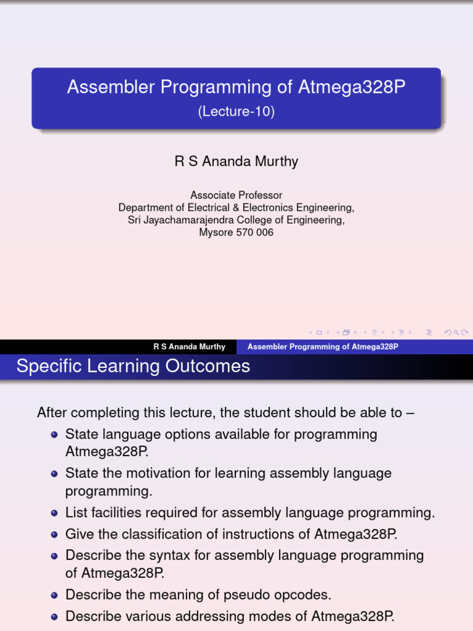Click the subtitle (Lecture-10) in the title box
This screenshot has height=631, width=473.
pos(236,112)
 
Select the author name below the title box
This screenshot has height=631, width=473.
pos(236,161)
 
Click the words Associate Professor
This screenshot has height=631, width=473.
pos(236,195)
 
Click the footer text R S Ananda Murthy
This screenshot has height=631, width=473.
pos(189,347)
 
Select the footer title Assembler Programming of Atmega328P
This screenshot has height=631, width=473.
pos(323,347)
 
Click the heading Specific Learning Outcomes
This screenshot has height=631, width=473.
pos(133,366)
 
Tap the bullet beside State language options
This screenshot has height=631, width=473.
pos(55,435)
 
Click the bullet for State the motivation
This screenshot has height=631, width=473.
pos(55,474)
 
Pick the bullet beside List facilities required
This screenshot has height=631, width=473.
pos(55,513)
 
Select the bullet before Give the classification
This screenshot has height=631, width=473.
pos(55,534)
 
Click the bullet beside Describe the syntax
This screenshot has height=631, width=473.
pos(55,556)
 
